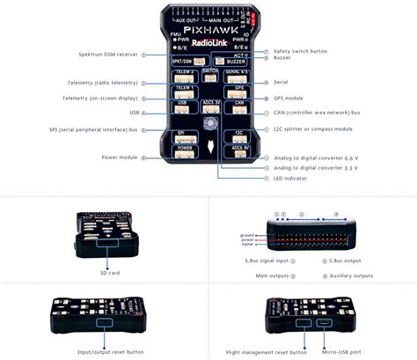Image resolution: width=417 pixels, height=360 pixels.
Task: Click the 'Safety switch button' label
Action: click(x=299, y=51)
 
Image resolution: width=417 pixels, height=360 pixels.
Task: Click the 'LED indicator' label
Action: click(x=290, y=178)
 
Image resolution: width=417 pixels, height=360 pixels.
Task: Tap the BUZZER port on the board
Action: click(x=236, y=62)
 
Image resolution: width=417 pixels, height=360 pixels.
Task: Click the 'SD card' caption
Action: click(x=109, y=273)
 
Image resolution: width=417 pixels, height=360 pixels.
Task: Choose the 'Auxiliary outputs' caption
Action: click(x=351, y=276)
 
